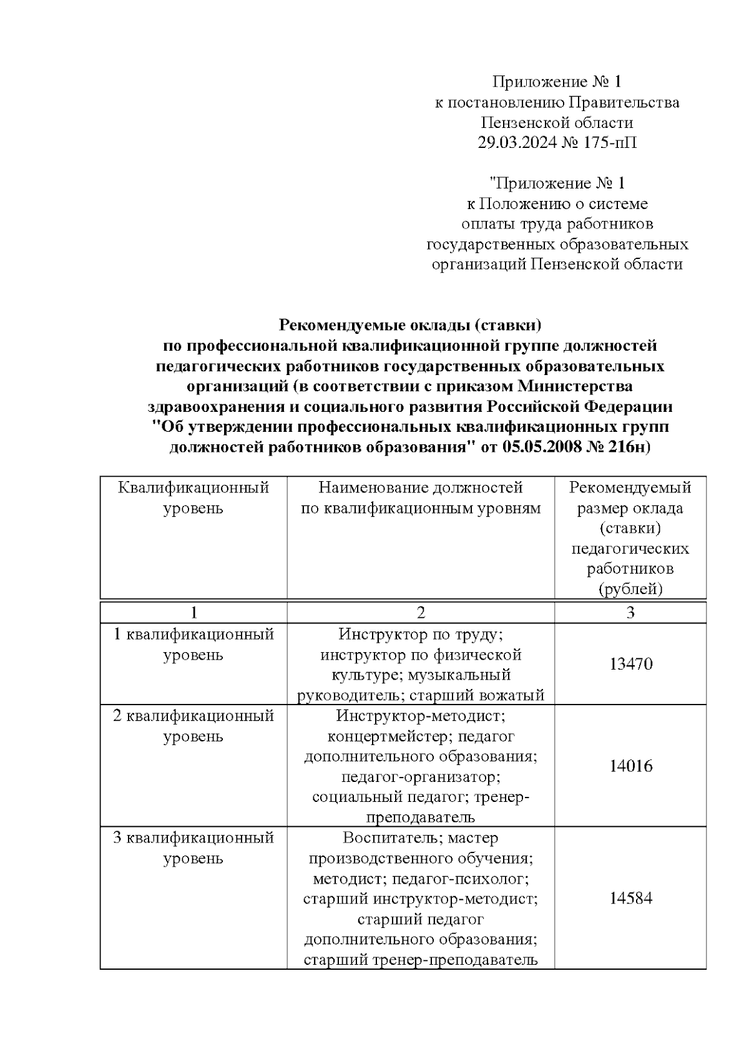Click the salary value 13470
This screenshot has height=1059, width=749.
pyautogui.click(x=630, y=664)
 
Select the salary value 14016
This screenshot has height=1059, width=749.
pyautogui.click(x=630, y=766)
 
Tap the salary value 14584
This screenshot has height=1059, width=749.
pyautogui.click(x=630, y=899)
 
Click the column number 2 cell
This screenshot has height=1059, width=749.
pyautogui.click(x=421, y=613)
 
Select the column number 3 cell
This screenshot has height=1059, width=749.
pyautogui.click(x=630, y=613)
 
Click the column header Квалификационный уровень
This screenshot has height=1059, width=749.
pyautogui.click(x=193, y=497)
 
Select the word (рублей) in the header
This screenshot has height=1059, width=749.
pyautogui.click(x=630, y=588)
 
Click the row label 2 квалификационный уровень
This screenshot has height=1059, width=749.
pyautogui.click(x=193, y=725)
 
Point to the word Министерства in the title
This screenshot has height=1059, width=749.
pyautogui.click(x=576, y=386)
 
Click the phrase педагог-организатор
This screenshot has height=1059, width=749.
pyautogui.click(x=421, y=777)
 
